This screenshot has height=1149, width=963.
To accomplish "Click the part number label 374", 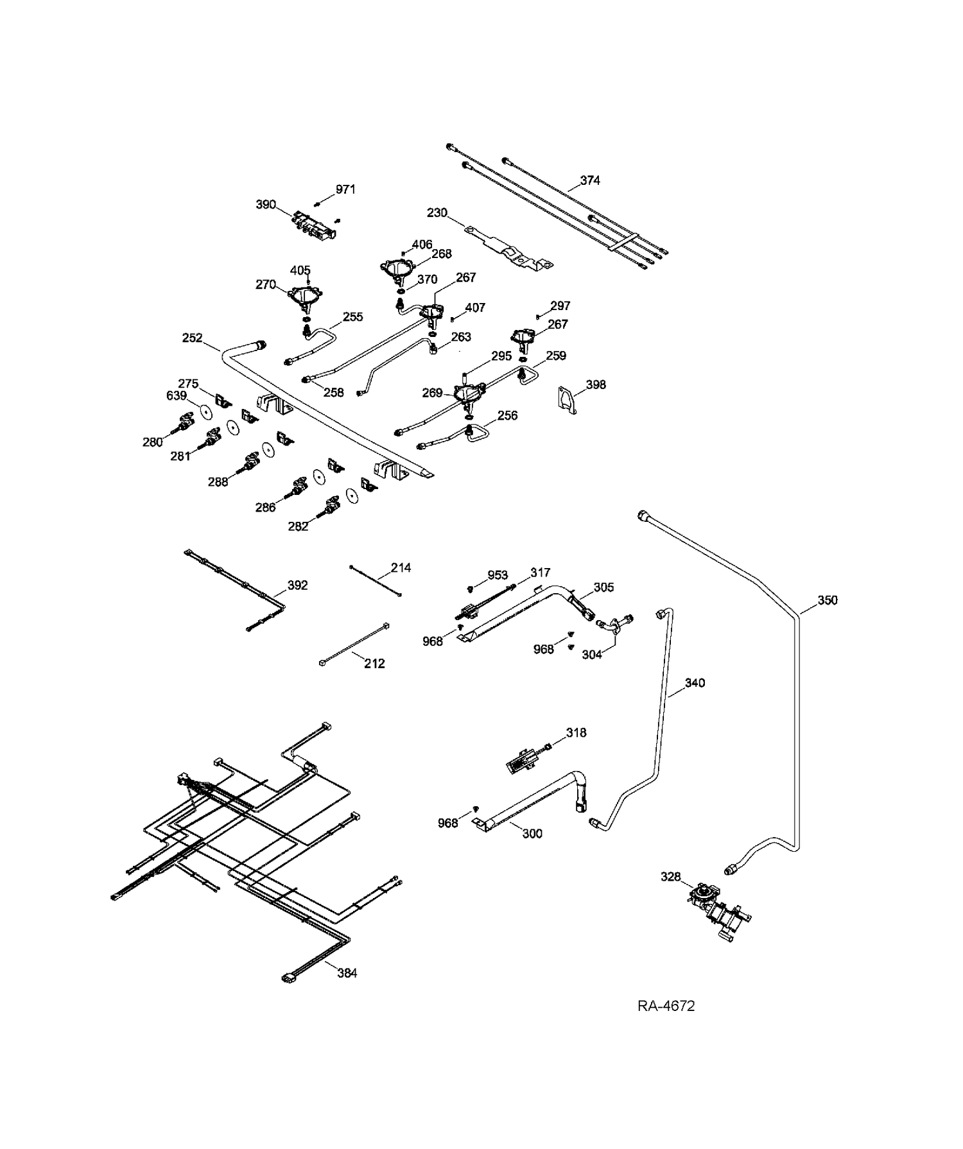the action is click(590, 180).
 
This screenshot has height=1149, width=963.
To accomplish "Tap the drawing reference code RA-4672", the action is click(666, 1006).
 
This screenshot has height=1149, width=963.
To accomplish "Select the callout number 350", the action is click(828, 600).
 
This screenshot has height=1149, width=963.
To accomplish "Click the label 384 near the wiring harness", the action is click(347, 973).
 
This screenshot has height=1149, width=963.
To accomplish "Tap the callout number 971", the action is click(345, 189).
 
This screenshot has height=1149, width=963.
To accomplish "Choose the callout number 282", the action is click(299, 526).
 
